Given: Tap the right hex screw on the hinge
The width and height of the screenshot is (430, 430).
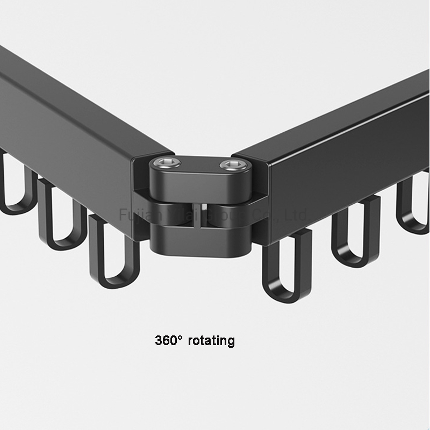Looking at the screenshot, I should coord(230,164).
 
